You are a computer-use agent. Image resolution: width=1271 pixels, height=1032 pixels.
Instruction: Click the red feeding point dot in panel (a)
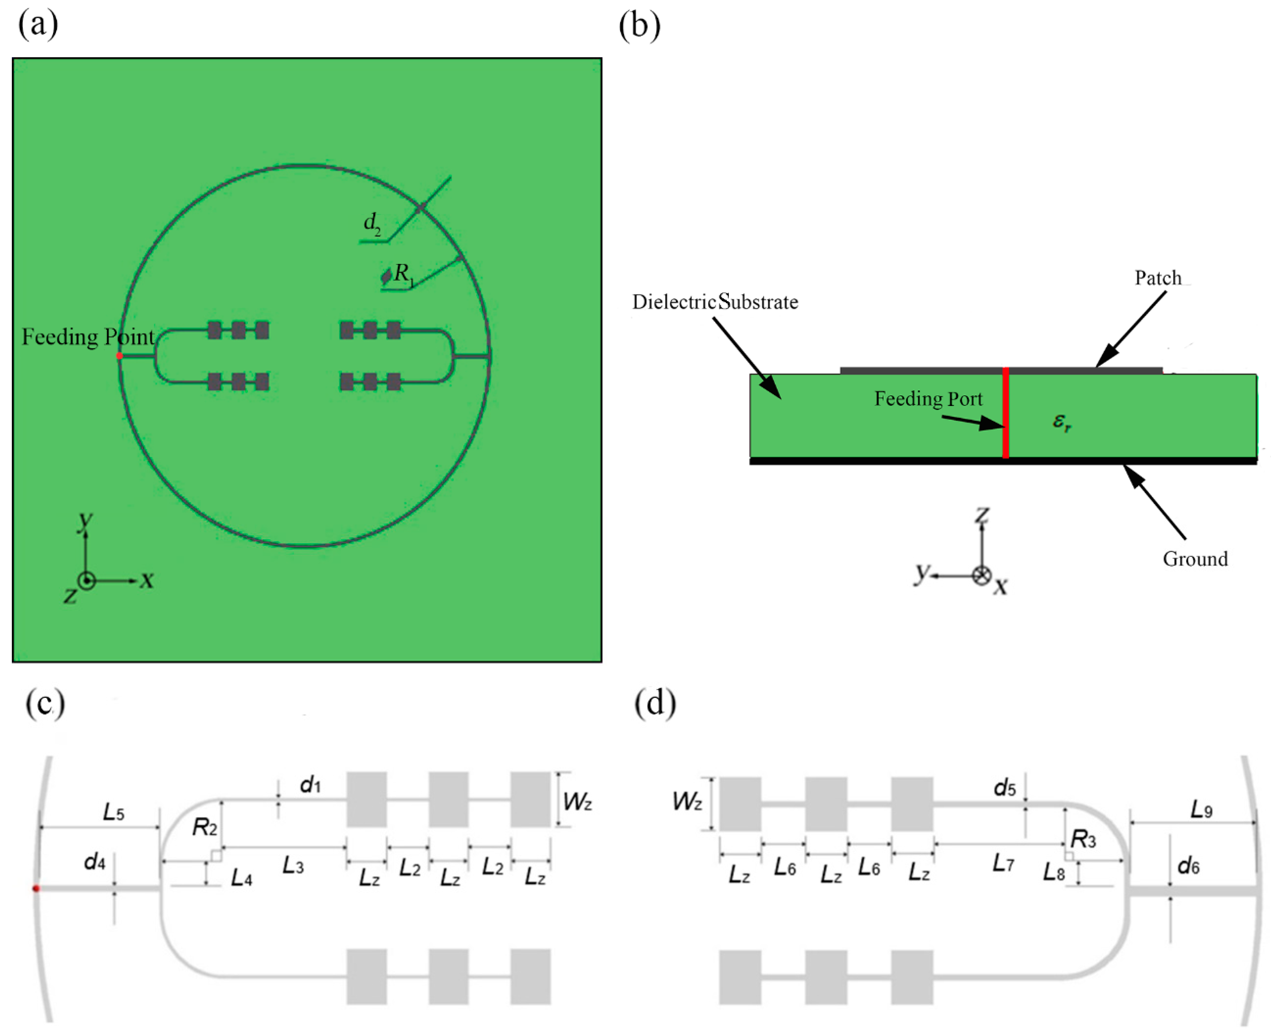click(120, 355)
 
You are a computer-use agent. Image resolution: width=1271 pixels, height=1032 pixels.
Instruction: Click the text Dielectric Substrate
click(715, 302)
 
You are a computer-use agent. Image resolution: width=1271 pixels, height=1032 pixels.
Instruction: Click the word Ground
click(1195, 559)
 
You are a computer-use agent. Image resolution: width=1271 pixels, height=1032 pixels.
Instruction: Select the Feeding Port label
click(928, 398)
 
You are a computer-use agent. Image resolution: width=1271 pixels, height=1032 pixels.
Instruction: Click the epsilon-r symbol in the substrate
click(1062, 421)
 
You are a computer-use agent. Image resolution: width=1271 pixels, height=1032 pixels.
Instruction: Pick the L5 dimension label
click(113, 812)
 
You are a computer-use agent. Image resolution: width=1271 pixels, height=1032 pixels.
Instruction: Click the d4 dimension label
click(94, 861)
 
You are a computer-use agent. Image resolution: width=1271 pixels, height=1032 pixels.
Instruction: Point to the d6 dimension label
click(1188, 866)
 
